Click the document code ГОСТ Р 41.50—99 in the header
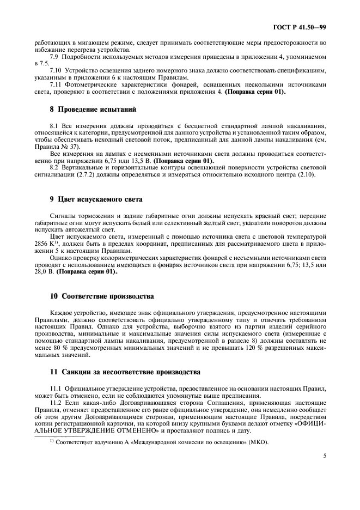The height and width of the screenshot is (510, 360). pyautogui.click(x=303, y=26)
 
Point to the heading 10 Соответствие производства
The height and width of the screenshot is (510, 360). pyautogui.click(x=101, y=296)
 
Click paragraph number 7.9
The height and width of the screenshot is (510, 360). pyautogui.click(x=55, y=57)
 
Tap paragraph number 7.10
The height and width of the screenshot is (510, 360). pyautogui.click(x=57, y=71)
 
